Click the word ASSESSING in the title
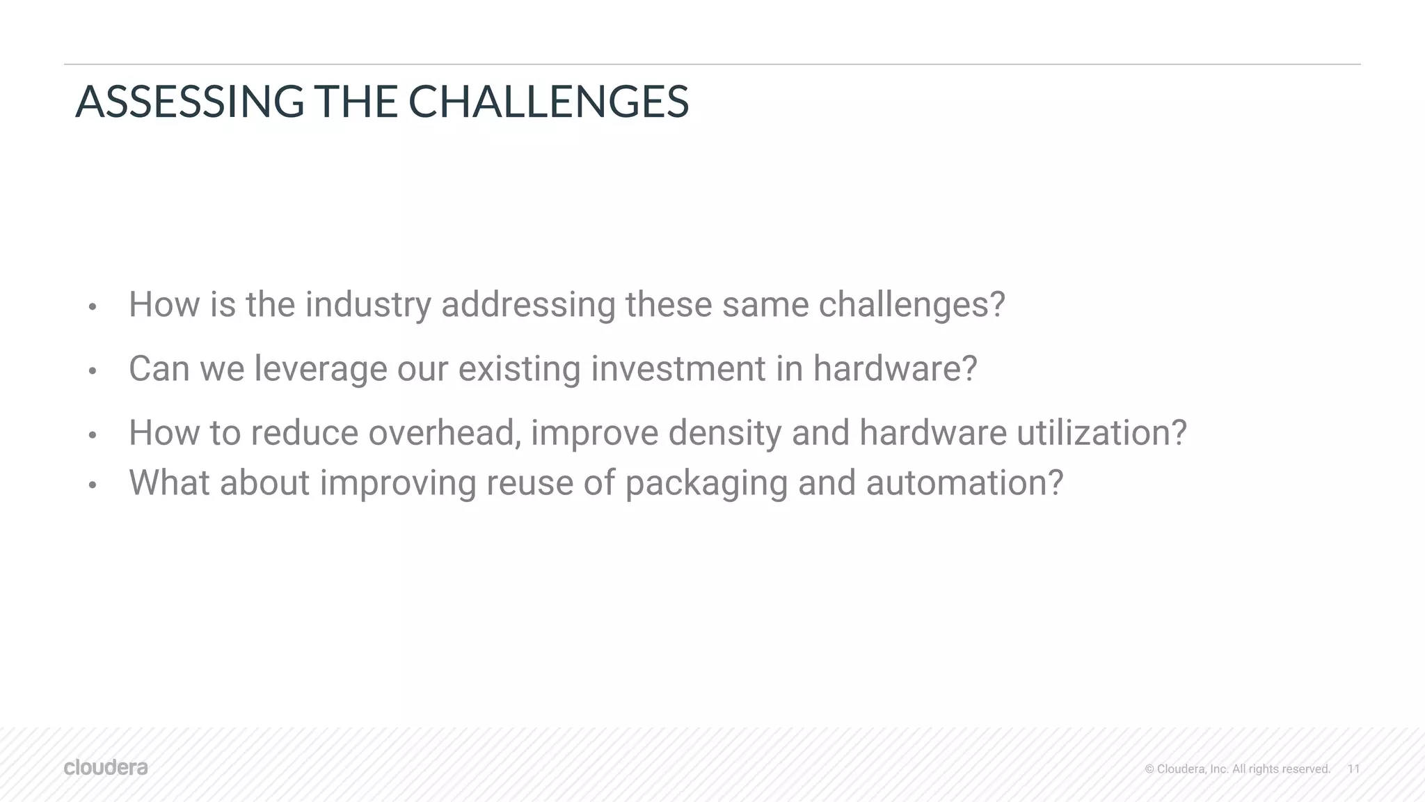tap(189, 102)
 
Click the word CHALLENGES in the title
tap(548, 102)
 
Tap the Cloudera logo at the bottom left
tap(106, 767)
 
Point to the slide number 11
tap(1353, 769)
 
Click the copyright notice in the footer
tap(1237, 769)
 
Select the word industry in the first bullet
tap(368, 305)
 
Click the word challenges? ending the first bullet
tap(911, 305)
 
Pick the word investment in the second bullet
tap(678, 369)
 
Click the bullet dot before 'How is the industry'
tap(92, 307)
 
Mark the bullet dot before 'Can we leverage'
tap(92, 371)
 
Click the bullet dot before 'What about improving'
tap(92, 485)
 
